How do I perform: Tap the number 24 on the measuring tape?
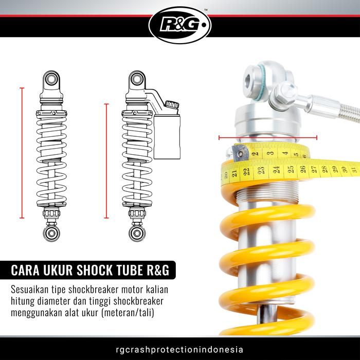(276, 169)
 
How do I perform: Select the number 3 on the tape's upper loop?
(269, 154)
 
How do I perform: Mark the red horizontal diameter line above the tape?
(267, 137)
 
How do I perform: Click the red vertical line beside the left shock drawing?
(22, 153)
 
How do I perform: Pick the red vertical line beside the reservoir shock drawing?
(107, 160)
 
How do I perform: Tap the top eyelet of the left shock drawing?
(51, 79)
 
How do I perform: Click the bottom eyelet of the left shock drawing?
(51, 233)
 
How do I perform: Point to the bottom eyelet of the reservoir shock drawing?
(137, 233)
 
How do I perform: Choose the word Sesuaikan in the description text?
(34, 289)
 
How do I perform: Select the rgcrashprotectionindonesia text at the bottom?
(179, 349)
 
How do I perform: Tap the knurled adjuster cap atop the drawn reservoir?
(171, 105)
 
